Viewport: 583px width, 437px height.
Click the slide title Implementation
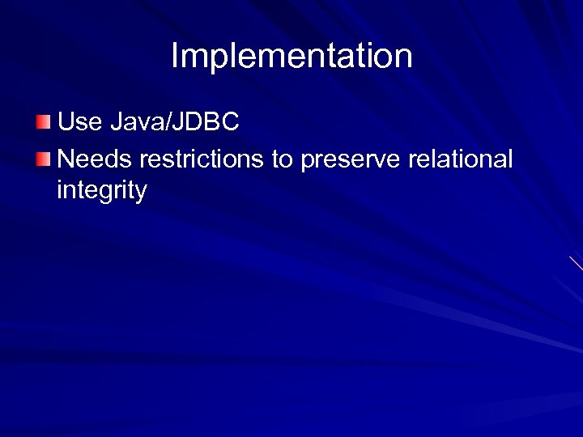click(291, 57)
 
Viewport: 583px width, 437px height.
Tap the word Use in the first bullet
click(78, 122)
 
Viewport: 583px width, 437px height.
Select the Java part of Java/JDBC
click(134, 122)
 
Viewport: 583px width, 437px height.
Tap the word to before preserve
click(282, 160)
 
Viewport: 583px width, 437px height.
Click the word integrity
click(102, 192)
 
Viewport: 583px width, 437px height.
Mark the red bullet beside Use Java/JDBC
click(43, 122)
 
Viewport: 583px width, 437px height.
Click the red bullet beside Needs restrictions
click(43, 159)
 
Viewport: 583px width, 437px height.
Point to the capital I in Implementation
click(175, 57)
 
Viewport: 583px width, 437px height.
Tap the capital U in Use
click(66, 122)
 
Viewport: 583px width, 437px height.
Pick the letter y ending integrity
click(141, 193)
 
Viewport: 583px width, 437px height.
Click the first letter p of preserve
click(306, 162)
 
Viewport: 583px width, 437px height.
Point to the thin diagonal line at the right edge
click(576, 263)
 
